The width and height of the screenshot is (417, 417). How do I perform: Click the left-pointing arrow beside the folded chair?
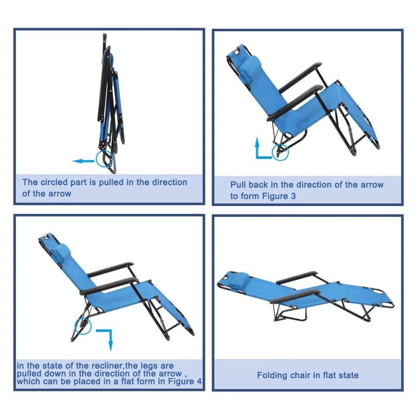tap(82, 161)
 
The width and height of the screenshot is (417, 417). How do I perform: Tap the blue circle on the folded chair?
tap(104, 158)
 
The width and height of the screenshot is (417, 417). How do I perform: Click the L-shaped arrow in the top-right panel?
tap(260, 149)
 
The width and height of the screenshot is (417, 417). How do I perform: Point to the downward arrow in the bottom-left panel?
tap(106, 338)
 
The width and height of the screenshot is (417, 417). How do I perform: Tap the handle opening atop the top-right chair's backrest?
tap(239, 52)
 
